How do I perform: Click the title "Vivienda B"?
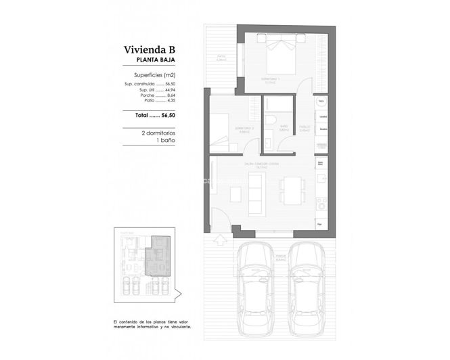point(150,49)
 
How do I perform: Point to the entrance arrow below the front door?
point(219,239)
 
